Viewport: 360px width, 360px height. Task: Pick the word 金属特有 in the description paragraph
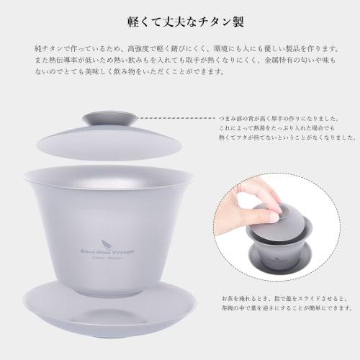click(x=288, y=60)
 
